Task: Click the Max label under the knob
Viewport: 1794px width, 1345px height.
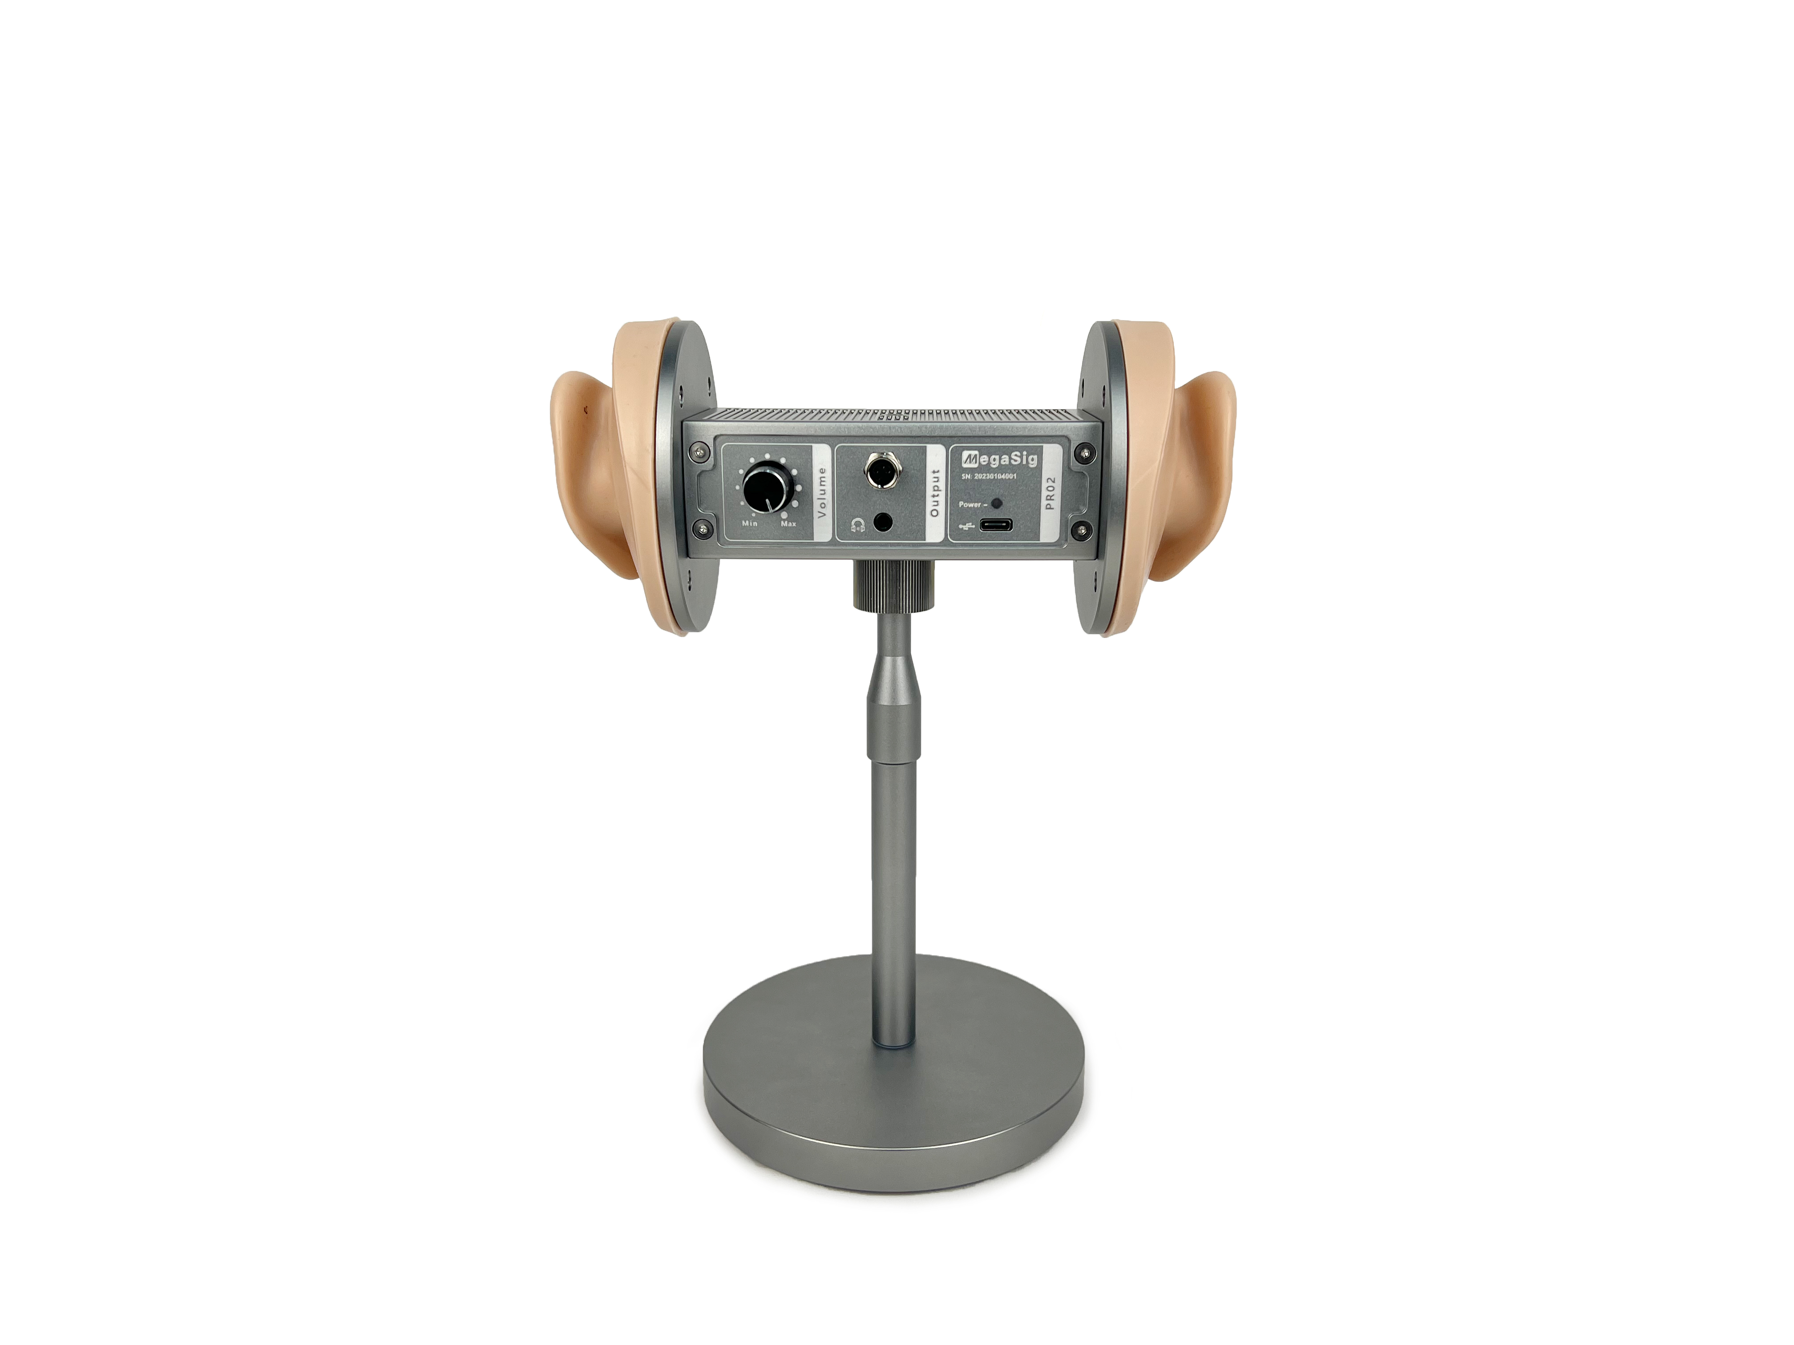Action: point(788,524)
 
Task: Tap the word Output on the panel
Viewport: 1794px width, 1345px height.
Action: point(934,493)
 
